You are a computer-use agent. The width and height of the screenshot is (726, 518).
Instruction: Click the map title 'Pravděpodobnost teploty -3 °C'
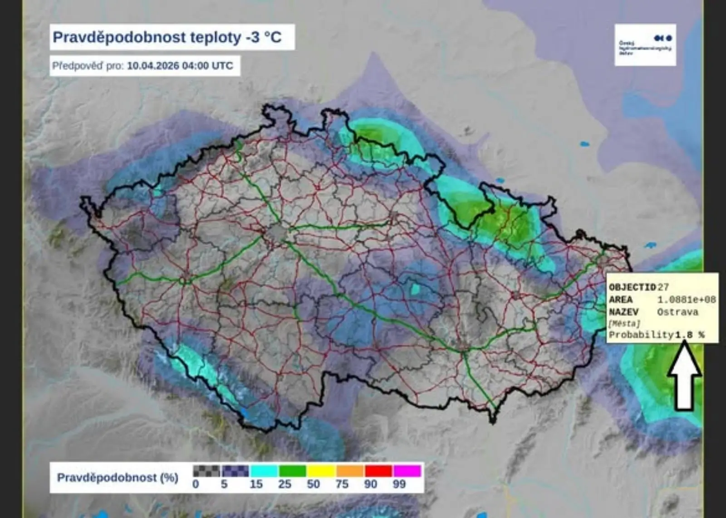point(167,37)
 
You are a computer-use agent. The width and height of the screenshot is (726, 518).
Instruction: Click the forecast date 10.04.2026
point(152,66)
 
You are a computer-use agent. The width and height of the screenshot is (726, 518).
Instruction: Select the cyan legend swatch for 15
point(264,471)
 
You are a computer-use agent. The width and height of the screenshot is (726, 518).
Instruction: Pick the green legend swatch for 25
point(292,471)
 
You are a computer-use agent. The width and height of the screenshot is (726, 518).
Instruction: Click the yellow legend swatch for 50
point(321,471)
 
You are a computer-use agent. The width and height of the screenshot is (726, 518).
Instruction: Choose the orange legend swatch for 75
point(349,471)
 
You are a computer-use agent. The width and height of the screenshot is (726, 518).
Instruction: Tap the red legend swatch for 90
point(378,471)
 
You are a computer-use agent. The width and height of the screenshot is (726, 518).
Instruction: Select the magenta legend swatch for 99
point(407,471)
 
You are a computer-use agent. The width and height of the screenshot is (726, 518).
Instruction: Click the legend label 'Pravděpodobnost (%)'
point(118,478)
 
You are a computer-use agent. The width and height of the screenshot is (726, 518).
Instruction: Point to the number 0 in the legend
point(196,484)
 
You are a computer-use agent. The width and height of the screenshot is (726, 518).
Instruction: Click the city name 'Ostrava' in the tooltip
point(677,312)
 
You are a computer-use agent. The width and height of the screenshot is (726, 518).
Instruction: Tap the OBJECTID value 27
point(663,287)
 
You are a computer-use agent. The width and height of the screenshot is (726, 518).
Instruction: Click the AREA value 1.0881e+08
point(687,300)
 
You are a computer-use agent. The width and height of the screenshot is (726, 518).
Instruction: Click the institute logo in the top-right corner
point(645,45)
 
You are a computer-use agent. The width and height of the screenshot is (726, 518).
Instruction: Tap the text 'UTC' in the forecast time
point(222,66)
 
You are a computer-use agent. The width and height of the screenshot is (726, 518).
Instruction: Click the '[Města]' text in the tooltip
point(624,323)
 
